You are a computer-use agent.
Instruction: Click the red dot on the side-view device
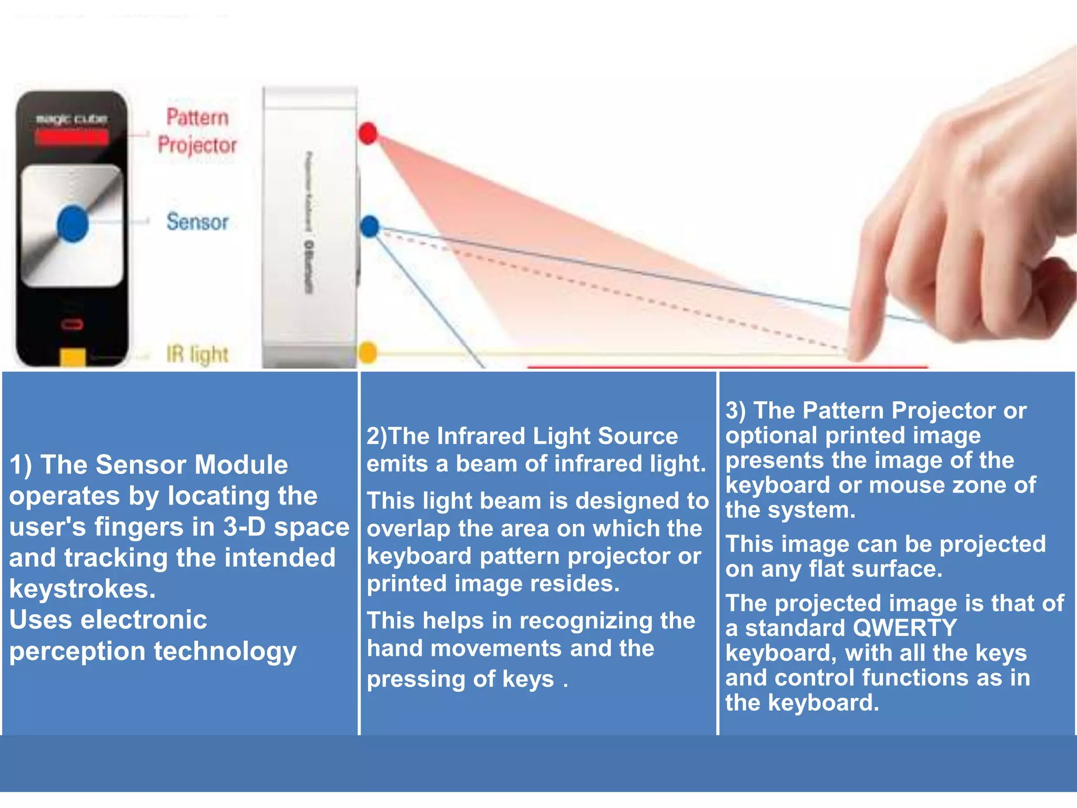[368, 133]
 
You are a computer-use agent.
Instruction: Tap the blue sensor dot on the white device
[370, 226]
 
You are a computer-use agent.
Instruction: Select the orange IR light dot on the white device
[368, 352]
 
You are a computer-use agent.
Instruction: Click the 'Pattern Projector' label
[197, 131]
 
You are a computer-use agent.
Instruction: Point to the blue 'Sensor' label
[197, 221]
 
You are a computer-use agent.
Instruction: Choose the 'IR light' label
[197, 355]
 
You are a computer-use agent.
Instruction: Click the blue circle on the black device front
[73, 224]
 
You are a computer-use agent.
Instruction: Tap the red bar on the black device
[72, 138]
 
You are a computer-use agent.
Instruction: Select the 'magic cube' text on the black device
[72, 119]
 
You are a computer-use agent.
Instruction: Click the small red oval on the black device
[72, 324]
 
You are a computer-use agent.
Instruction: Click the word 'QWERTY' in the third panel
[904, 628]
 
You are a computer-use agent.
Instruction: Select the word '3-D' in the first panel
[245, 527]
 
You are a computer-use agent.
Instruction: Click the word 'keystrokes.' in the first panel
[83, 589]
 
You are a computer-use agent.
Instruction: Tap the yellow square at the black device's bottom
[73, 357]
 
